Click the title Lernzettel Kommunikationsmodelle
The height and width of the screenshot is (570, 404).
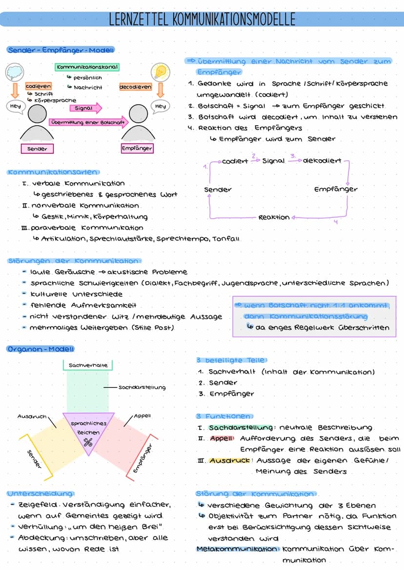click(202, 19)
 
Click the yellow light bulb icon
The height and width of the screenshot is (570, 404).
click(160, 72)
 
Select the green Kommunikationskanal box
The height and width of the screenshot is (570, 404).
click(87, 67)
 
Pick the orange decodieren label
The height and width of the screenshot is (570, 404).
click(135, 87)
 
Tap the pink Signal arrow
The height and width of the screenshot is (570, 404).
click(86, 108)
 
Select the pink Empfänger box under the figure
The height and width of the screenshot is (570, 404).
click(137, 148)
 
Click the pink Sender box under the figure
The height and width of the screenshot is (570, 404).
click(37, 149)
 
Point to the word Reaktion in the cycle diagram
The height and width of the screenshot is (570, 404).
click(274, 217)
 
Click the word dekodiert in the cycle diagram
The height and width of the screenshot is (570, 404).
click(322, 161)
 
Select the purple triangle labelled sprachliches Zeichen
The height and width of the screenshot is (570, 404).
click(88, 430)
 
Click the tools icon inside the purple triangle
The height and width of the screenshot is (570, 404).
click(88, 443)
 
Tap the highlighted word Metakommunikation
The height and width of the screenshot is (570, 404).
click(238, 549)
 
